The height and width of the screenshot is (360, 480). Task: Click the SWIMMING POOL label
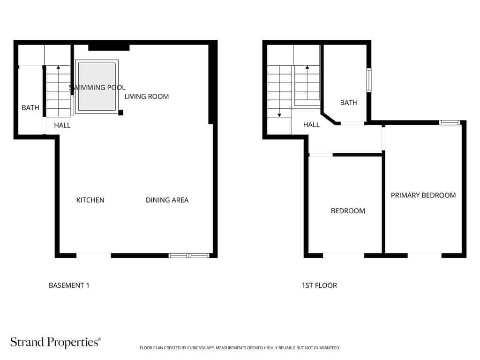coord(97,88)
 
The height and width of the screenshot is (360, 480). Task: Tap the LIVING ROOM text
coord(146,97)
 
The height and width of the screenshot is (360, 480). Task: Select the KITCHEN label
coord(90,200)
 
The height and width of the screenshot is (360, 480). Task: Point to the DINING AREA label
coord(167,200)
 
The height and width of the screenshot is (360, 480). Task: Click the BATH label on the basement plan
coord(30,108)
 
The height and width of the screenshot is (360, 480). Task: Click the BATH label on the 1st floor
coord(349,103)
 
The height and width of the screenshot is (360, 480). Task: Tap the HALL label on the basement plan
coord(62,125)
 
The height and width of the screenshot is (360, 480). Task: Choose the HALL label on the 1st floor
coord(311,125)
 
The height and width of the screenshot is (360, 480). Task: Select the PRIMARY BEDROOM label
coord(423,195)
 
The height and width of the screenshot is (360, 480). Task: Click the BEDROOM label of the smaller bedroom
coord(348,211)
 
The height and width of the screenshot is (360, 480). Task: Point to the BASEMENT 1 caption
coord(69,285)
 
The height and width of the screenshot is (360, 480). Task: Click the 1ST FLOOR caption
coord(319,285)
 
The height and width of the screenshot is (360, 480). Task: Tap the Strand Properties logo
coord(56,342)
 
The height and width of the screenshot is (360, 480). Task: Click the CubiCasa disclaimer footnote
coord(240,348)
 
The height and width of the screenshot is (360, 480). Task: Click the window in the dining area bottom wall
coord(188,255)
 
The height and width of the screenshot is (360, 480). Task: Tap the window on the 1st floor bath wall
coord(369,80)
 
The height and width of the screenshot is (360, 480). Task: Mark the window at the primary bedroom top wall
coord(450,123)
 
